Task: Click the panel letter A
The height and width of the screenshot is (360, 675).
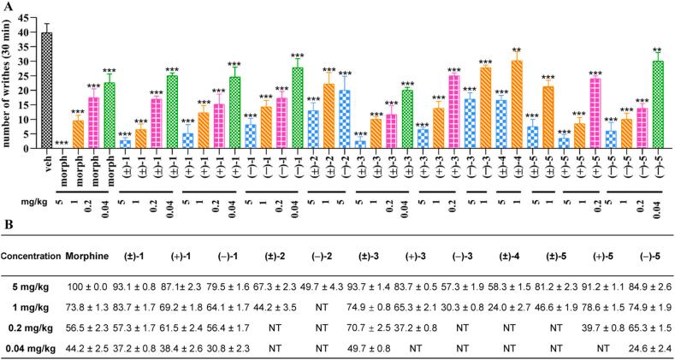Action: [7, 6]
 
